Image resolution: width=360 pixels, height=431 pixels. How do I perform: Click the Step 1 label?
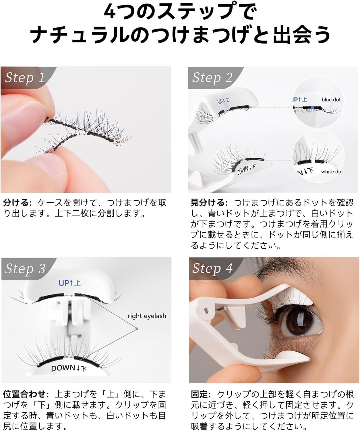pyautogui.click(x=25, y=78)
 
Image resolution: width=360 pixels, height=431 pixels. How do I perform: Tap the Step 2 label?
pyautogui.click(x=212, y=78)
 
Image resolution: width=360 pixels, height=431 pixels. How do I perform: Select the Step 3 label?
pyautogui.click(x=25, y=269)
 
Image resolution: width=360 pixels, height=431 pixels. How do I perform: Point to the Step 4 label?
pyautogui.click(x=212, y=268)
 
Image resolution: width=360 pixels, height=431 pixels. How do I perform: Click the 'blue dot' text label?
pyautogui.click(x=331, y=100)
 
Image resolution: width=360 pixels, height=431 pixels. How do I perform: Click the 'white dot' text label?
pyautogui.click(x=332, y=172)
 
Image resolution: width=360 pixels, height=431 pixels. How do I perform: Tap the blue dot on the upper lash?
pyautogui.click(x=312, y=107)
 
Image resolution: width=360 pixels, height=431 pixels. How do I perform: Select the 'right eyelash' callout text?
pyautogui.click(x=147, y=316)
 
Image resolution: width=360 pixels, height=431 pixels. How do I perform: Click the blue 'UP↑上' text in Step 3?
pyautogui.click(x=69, y=283)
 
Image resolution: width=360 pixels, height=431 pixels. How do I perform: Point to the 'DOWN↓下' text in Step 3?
pyautogui.click(x=69, y=368)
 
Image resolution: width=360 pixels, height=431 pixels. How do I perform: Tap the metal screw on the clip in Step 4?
pyautogui.click(x=206, y=310)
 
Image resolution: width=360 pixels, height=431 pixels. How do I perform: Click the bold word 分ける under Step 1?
pyautogui.click(x=16, y=203)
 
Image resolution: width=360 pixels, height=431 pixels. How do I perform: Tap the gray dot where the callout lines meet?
pyautogui.click(x=137, y=329)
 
